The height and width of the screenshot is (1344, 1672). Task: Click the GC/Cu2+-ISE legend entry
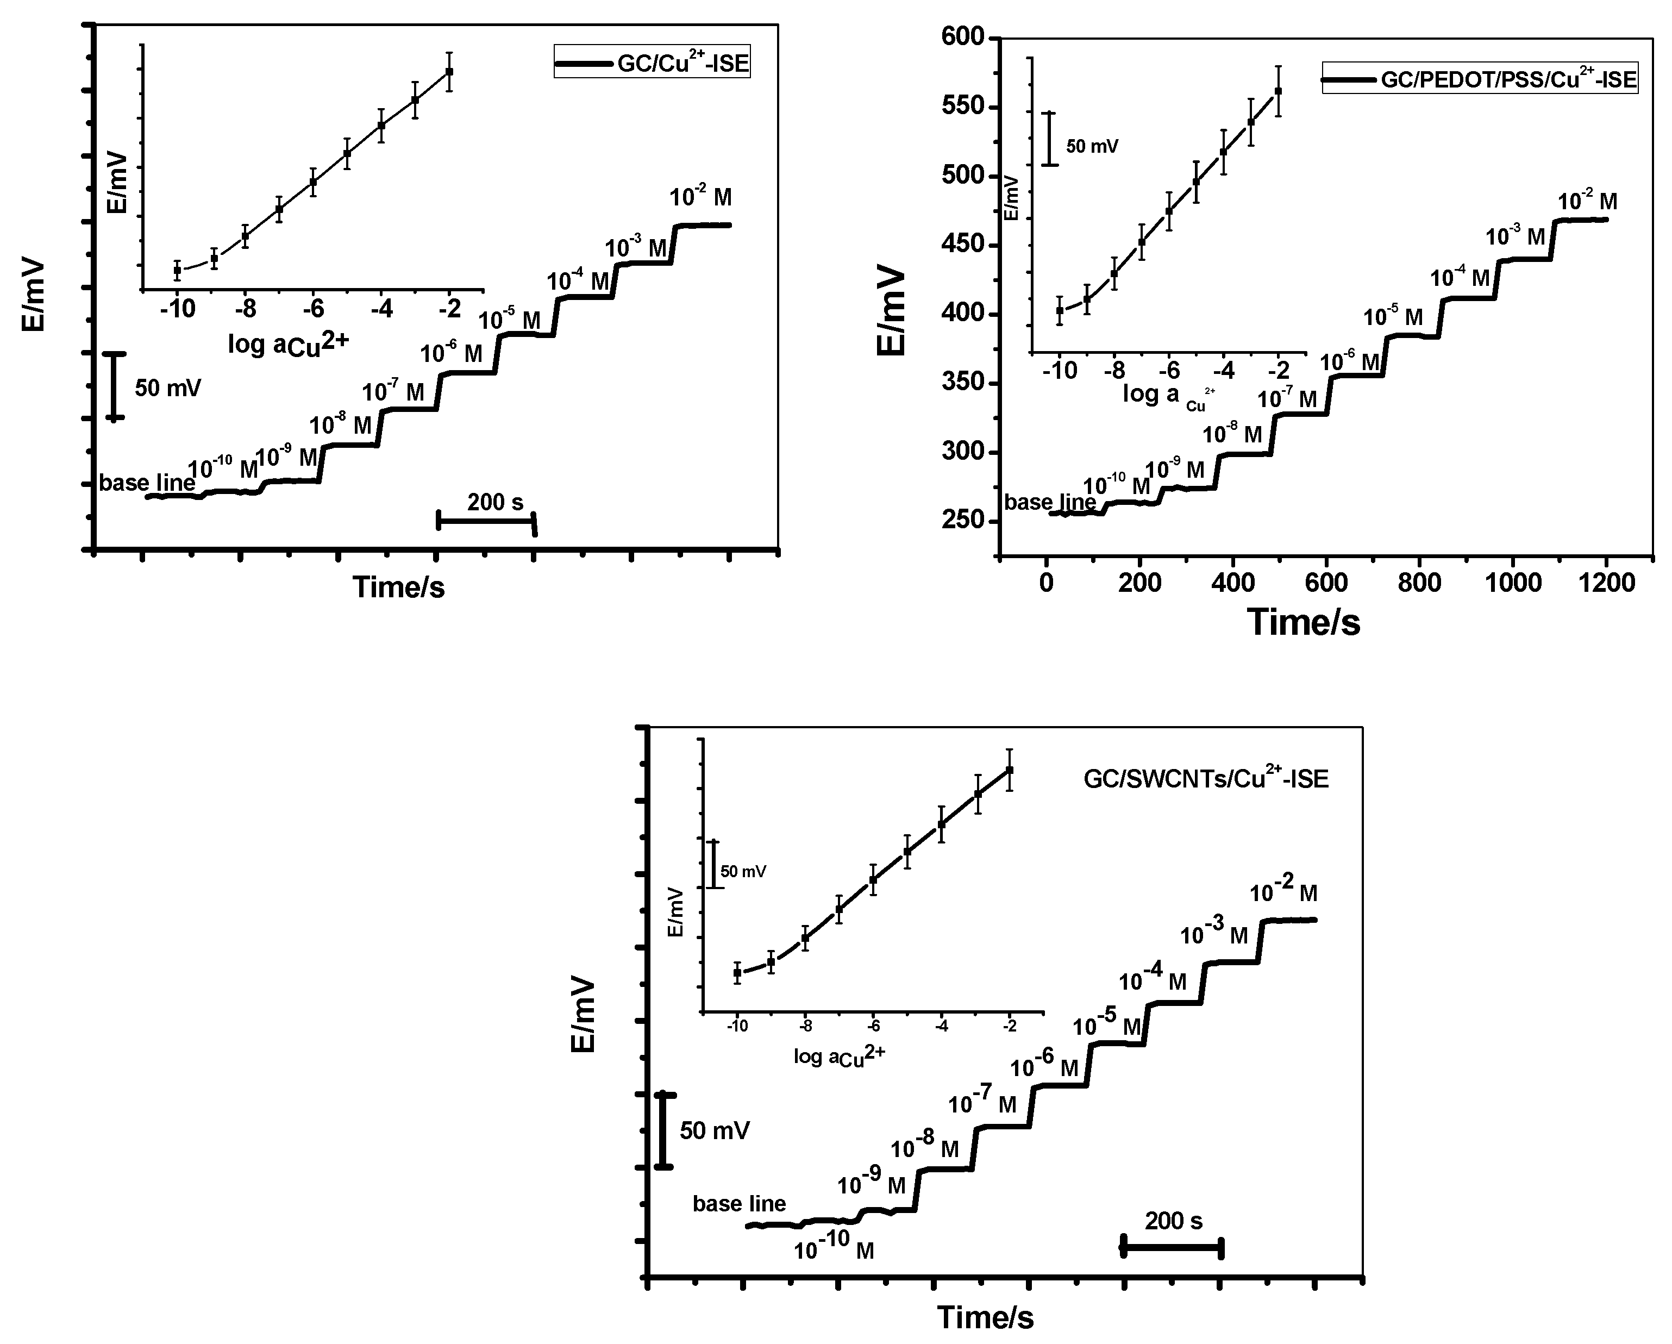[652, 62]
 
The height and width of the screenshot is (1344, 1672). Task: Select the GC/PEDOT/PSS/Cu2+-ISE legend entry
[1480, 79]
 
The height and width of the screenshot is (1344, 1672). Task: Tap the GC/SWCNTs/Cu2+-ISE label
[1205, 779]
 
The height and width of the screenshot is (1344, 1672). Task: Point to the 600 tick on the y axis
[964, 37]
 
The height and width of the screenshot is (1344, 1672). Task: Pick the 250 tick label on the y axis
[964, 521]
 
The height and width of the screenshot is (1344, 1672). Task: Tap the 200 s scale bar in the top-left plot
[486, 521]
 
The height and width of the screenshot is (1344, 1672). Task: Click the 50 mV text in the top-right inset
[1092, 145]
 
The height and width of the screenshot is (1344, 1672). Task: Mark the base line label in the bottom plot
[739, 1204]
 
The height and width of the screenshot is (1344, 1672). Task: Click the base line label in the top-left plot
[147, 483]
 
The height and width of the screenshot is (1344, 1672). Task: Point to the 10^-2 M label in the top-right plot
[1587, 202]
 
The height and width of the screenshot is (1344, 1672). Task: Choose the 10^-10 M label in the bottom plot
[834, 1250]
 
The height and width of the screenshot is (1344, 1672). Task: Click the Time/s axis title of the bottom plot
[985, 1317]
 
